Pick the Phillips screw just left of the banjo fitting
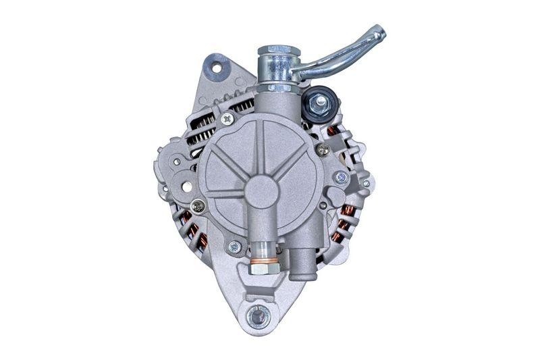coord(227,118)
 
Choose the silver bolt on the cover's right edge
coord(341,178)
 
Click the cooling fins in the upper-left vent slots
coord(200,132)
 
